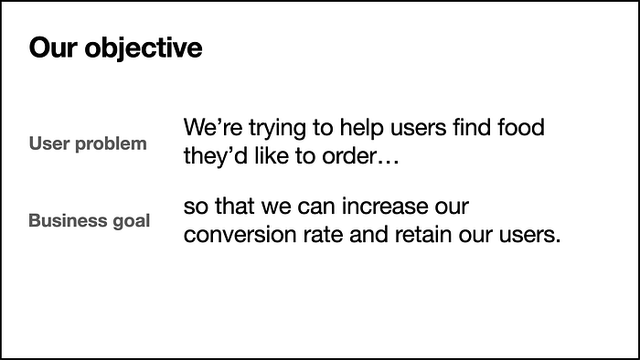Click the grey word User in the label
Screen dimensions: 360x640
tap(48, 143)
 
